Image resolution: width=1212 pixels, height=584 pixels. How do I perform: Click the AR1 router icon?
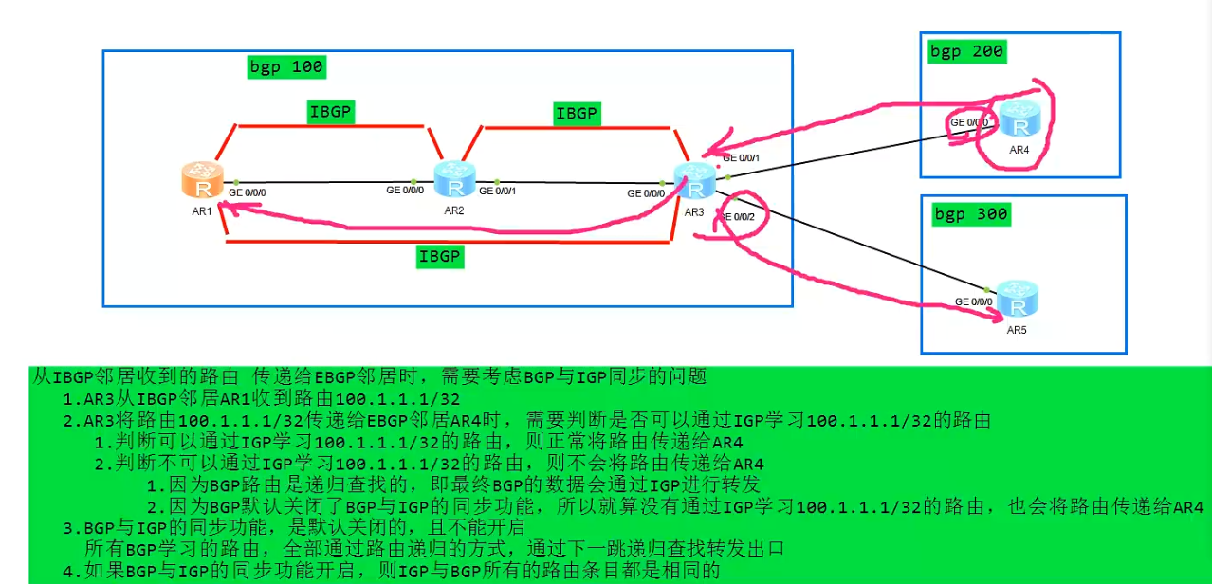click(202, 180)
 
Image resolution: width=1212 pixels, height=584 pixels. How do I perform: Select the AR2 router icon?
click(454, 178)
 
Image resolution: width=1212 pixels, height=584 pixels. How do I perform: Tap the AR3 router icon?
click(694, 180)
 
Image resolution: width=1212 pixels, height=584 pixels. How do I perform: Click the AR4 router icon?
click(1019, 120)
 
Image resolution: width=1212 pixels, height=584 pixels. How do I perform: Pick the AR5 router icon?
click(1017, 301)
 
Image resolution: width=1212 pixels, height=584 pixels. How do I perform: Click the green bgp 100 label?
click(285, 67)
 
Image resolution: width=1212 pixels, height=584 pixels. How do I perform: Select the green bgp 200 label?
click(967, 51)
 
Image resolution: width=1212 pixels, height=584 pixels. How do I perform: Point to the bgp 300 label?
click(971, 214)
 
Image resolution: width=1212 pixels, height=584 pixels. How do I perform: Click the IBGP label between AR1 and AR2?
click(330, 112)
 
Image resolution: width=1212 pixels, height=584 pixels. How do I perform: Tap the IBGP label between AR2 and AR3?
click(577, 113)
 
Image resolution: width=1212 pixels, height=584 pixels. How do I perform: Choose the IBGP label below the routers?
click(440, 256)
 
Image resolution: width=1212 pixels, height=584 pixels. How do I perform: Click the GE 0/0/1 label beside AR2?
click(499, 192)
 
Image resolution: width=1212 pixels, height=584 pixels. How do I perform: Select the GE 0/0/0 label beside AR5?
click(973, 301)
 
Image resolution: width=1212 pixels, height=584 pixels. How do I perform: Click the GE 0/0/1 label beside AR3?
click(742, 157)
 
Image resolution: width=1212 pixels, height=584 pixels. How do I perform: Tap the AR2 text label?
click(454, 210)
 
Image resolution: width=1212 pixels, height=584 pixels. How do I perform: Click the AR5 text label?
click(1017, 330)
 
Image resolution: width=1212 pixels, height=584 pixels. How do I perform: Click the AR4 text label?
click(1019, 150)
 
